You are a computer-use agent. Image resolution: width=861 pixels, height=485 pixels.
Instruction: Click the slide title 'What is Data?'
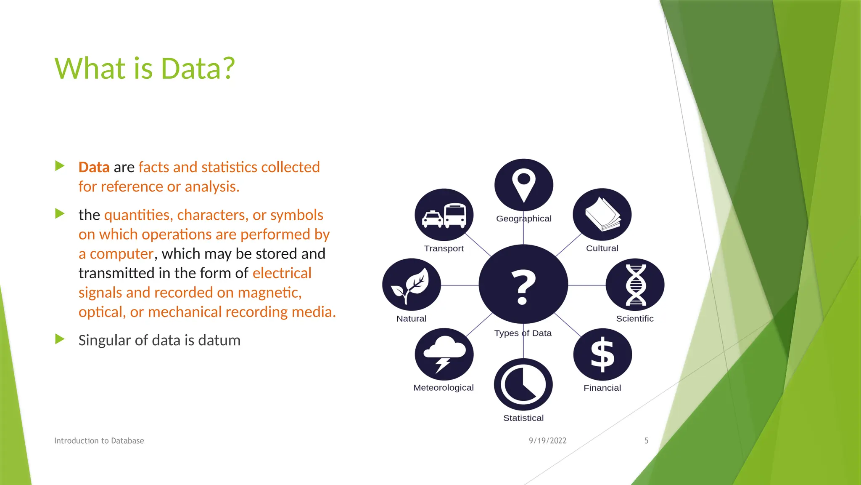point(145,68)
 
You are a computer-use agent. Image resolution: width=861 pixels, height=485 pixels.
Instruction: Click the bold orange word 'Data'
point(94,167)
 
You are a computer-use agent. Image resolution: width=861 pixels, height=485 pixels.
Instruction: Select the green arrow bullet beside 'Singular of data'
point(60,339)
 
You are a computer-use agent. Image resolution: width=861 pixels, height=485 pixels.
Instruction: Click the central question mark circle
point(523,285)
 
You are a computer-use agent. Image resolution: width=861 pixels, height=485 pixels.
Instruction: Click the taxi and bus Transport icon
point(444,215)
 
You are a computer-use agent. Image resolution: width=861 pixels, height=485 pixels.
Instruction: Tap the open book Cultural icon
point(602,215)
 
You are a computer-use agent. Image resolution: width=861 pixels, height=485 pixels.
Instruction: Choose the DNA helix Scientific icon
point(635,285)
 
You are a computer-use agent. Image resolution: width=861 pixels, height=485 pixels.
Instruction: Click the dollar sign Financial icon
point(602,354)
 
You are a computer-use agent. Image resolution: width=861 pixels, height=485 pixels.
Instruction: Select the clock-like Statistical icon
point(523,384)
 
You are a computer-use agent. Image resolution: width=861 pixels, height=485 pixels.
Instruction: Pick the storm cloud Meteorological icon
point(444,354)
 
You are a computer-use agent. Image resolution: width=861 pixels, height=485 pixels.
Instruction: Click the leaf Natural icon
point(411,285)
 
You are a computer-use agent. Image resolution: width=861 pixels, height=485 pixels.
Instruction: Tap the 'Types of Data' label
point(523,333)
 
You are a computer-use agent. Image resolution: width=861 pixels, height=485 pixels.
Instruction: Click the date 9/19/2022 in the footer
point(547,441)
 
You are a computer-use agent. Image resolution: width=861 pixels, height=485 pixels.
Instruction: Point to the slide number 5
point(646,441)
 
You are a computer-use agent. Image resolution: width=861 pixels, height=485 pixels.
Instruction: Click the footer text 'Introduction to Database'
point(99,441)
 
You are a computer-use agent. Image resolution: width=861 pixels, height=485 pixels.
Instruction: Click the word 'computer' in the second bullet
point(121,254)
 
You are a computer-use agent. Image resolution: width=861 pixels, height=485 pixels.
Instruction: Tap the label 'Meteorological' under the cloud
point(444,388)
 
